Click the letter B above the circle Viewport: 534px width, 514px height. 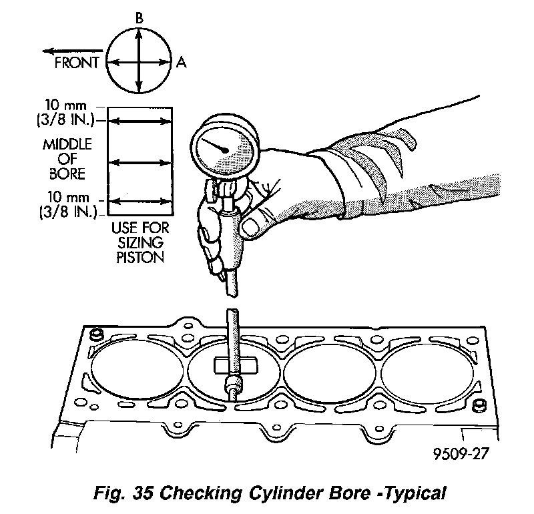(138, 19)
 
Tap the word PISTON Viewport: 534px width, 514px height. (140, 257)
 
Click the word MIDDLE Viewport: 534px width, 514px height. (67, 146)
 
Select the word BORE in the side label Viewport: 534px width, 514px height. (67, 175)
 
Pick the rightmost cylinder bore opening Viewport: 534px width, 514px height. (427, 371)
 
